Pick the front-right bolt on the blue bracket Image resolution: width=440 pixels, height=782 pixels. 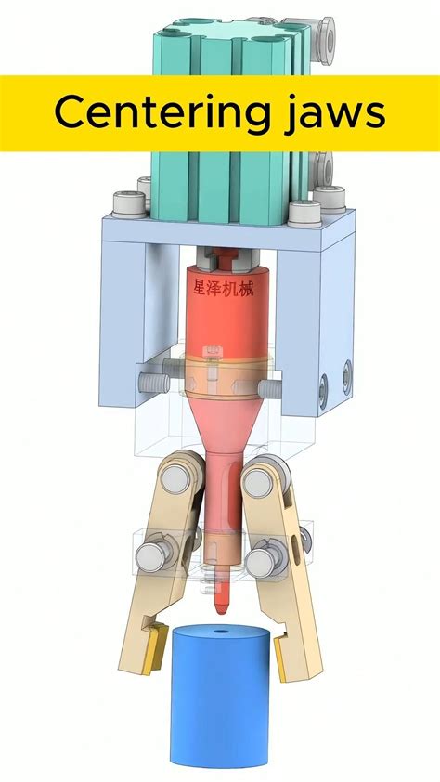point(305,213)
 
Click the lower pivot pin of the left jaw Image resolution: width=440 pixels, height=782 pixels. point(152,557)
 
